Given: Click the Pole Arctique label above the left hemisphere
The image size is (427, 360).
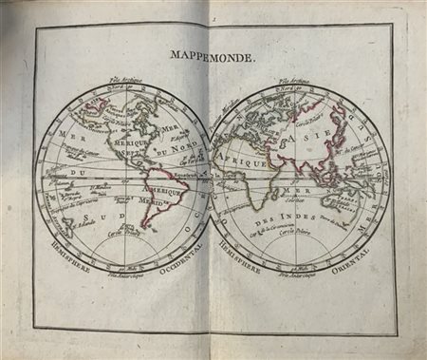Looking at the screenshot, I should coord(124,82).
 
